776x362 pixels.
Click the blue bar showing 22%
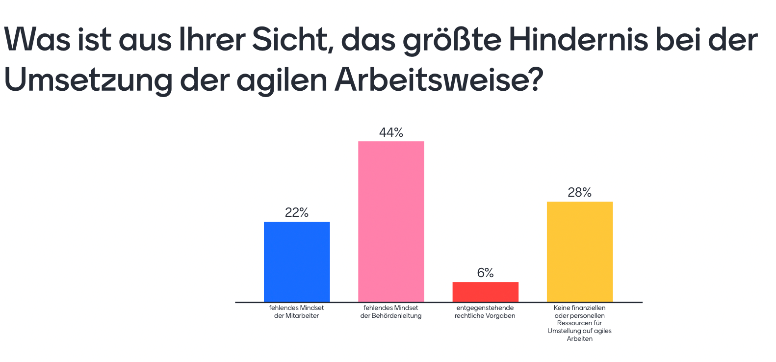297,261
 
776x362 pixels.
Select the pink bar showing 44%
391,221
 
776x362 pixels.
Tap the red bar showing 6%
485,292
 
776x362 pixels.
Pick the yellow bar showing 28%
579,251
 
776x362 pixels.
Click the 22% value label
297,212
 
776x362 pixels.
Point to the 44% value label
391,132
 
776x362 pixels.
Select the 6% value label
485,273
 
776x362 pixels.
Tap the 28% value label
579,192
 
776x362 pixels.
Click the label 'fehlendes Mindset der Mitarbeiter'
297,311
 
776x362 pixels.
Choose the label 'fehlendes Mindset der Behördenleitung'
391,311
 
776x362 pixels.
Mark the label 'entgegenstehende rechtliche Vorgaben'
485,311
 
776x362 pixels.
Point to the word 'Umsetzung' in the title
88,80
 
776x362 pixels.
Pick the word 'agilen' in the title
282,80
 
